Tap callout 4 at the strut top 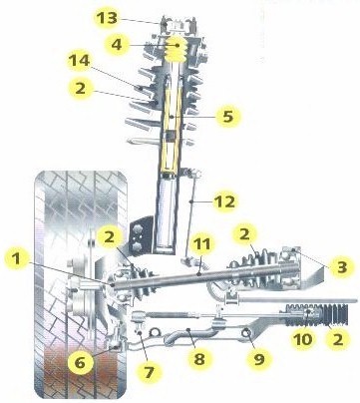click(118, 44)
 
